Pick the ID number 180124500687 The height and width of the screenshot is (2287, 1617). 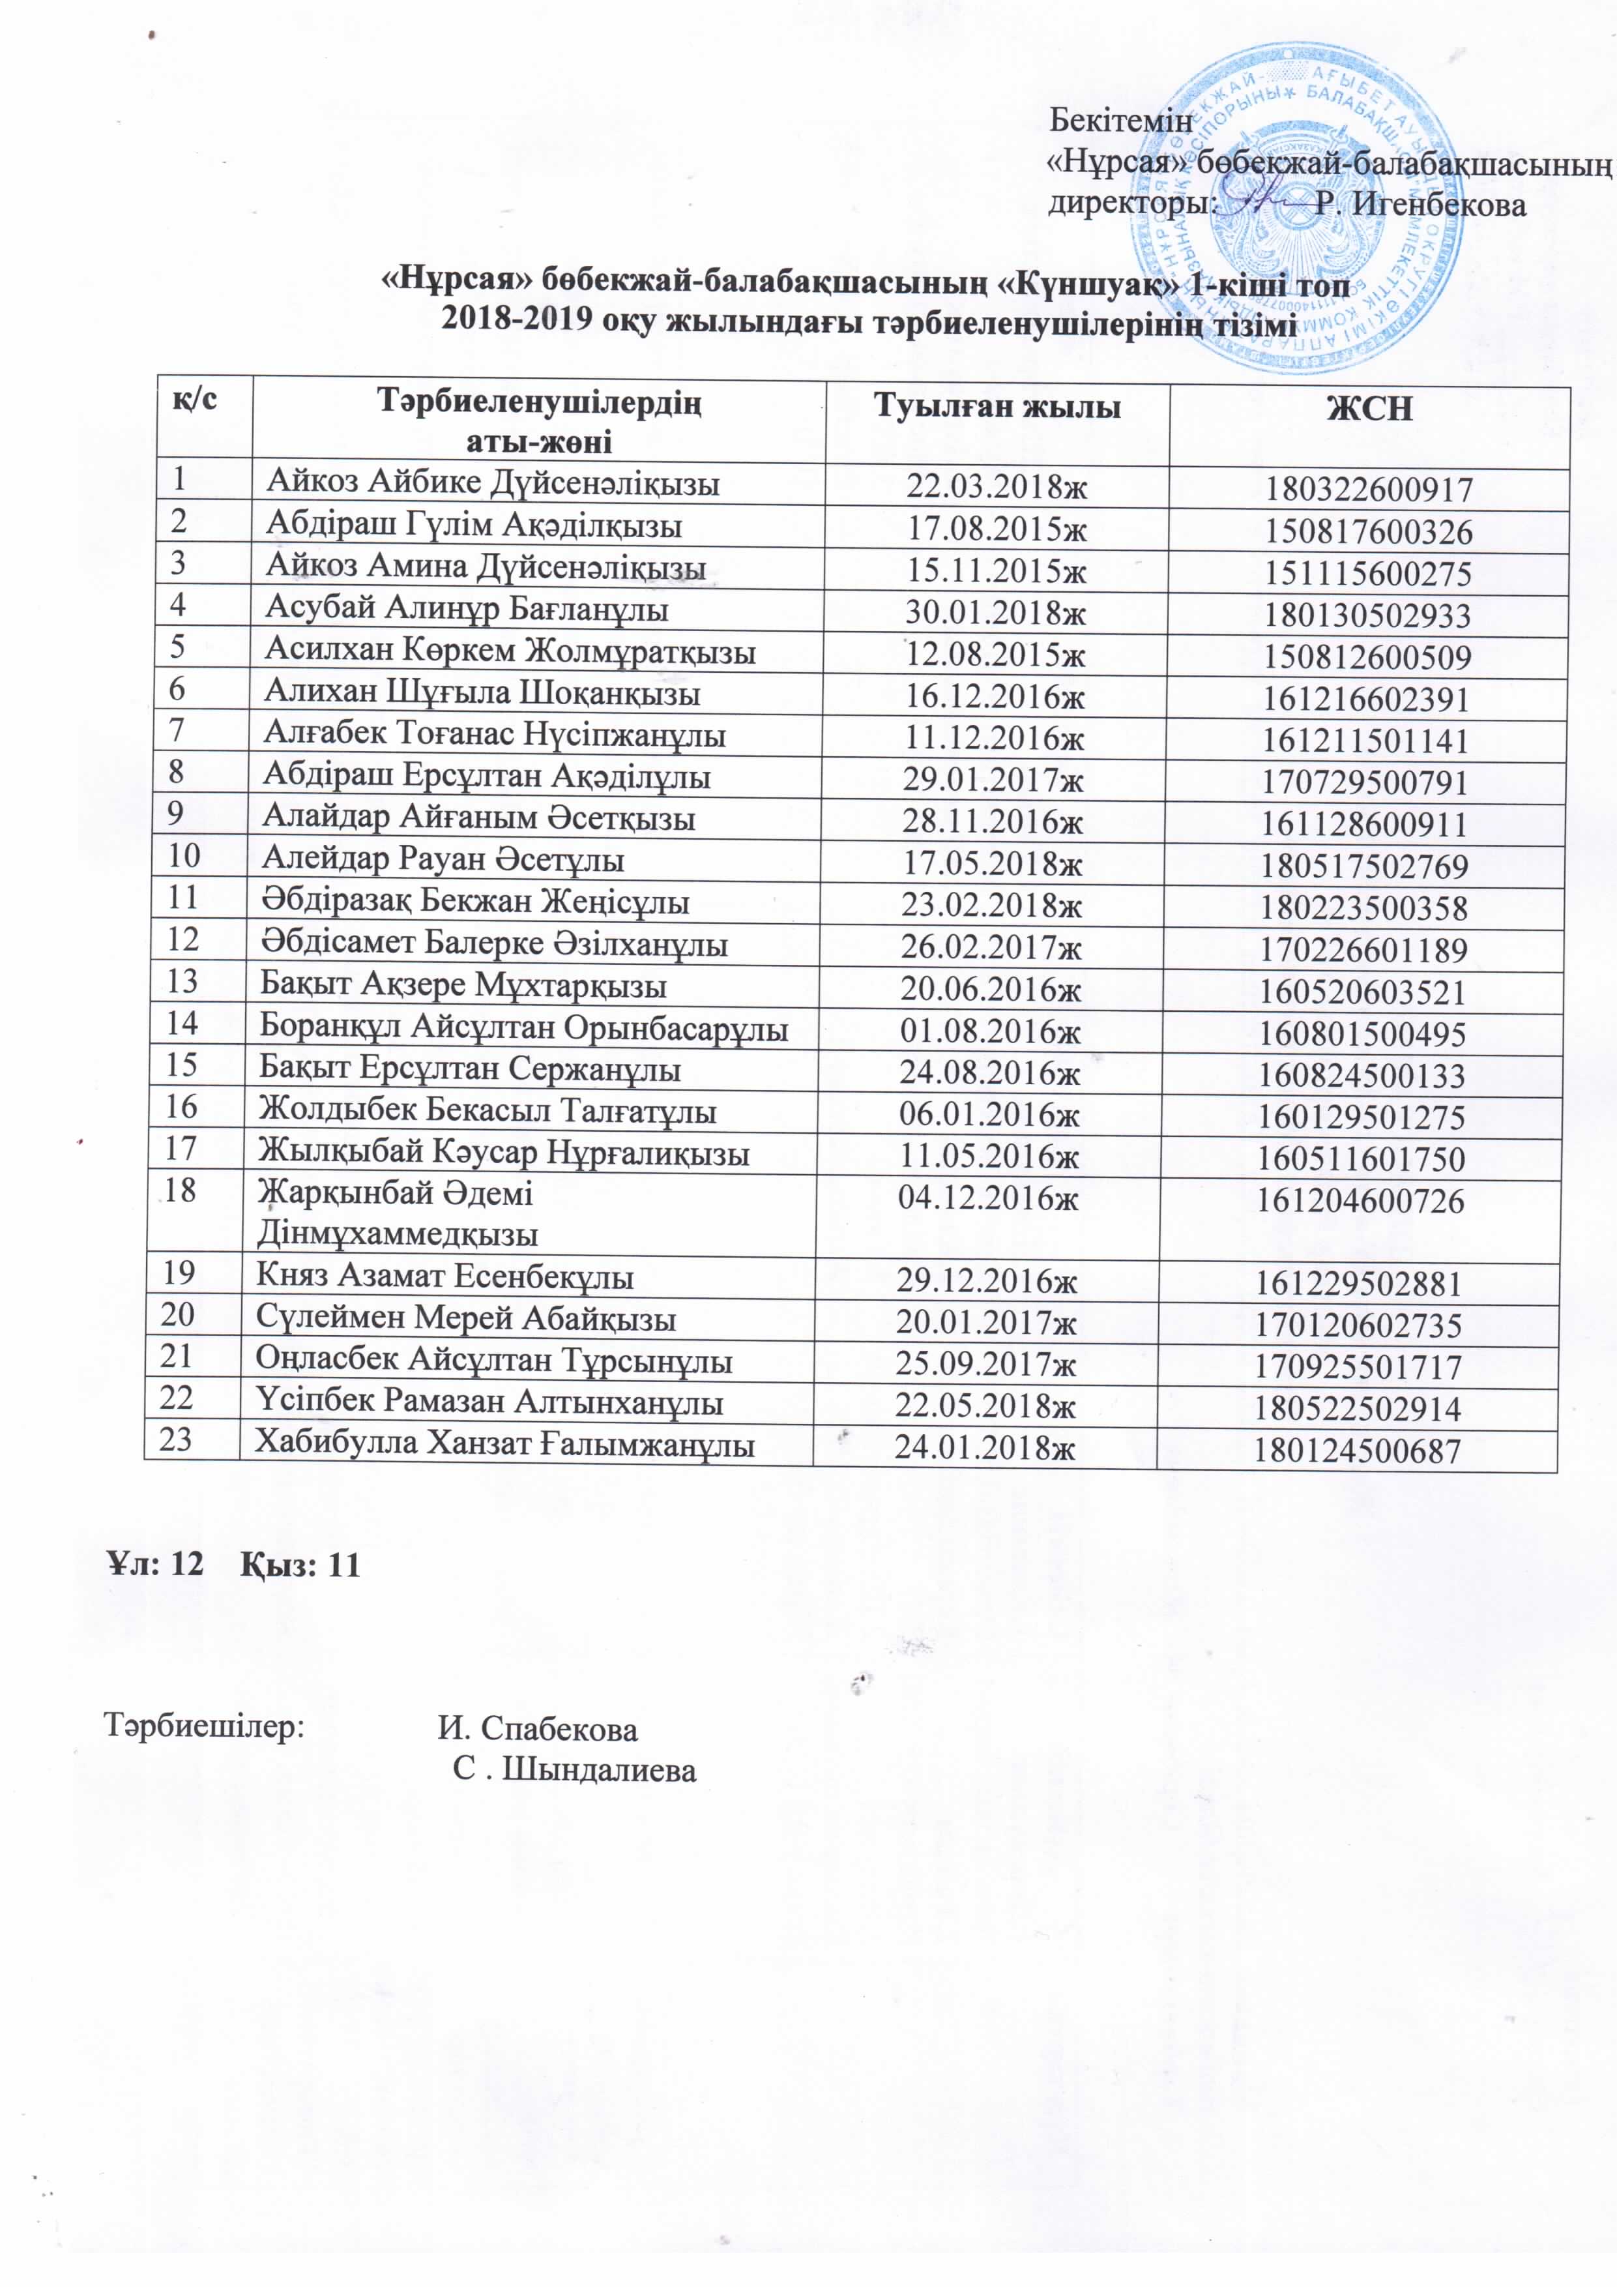click(1356, 1451)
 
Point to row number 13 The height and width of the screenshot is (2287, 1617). click(182, 981)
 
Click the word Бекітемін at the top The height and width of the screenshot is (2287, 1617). click(1121, 121)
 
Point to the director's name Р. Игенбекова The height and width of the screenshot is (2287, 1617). click(1420, 205)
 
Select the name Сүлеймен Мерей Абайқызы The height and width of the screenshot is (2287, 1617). click(466, 1319)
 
